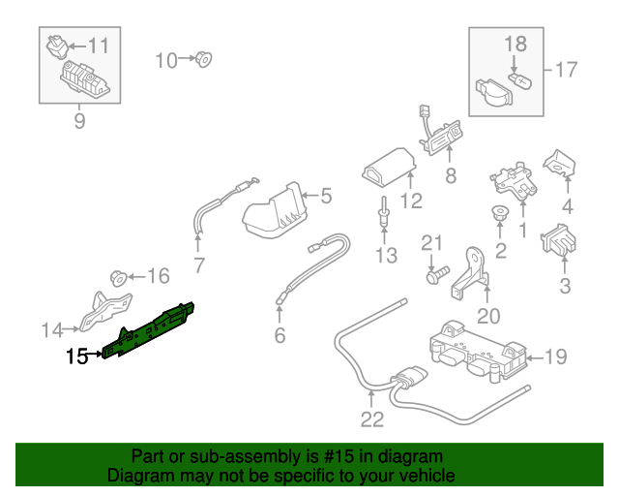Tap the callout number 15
pos(76,357)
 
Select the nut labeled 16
pos(117,277)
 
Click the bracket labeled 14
pos(103,308)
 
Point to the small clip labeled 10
pos(203,60)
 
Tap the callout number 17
pos(566,69)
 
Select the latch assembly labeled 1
pos(510,179)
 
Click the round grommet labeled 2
pos(500,214)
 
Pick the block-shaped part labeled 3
pos(560,240)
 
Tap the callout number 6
pos(280,336)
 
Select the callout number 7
pos(200,263)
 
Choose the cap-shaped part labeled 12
pos(389,174)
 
